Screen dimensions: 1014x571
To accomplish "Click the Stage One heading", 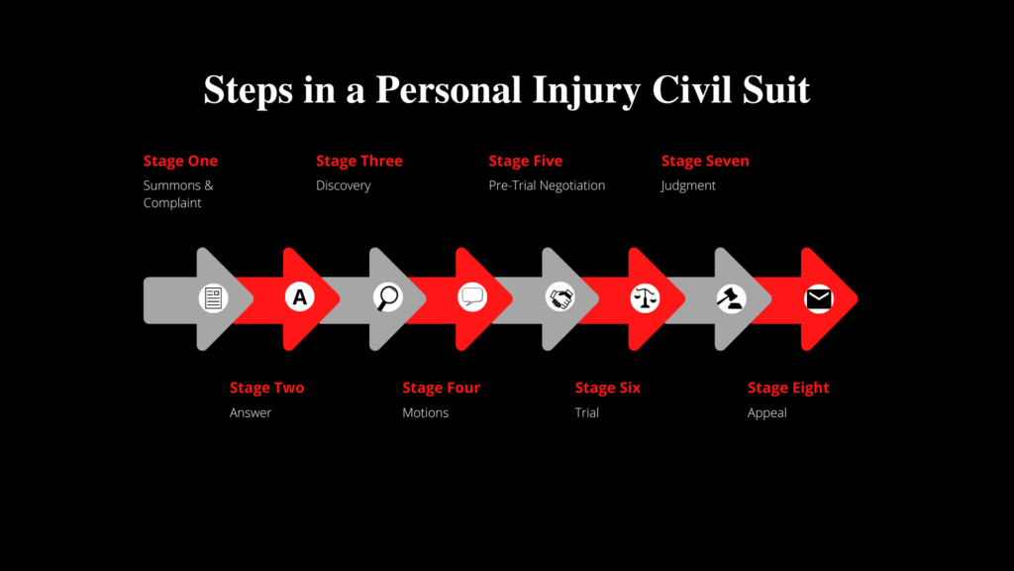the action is [x=180, y=161].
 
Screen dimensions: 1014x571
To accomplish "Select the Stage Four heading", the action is [x=441, y=388].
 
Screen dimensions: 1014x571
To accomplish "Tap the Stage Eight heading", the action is [x=787, y=389].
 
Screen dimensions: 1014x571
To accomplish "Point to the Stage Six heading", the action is [x=607, y=388].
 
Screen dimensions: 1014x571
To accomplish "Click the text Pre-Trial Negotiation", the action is [x=547, y=185].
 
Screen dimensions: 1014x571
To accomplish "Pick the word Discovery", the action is [x=344, y=185].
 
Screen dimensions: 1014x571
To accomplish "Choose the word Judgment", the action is [x=688, y=185].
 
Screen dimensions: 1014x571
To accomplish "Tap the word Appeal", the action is [x=767, y=413].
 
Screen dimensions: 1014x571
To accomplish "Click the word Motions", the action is [x=425, y=413].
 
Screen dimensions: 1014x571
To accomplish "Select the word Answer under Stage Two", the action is [x=251, y=413].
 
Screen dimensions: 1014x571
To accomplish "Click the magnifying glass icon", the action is [x=387, y=297].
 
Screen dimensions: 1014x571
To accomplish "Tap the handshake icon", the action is [x=560, y=297].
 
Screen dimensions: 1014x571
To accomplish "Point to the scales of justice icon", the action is [x=645, y=297].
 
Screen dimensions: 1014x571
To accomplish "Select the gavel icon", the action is [x=732, y=298].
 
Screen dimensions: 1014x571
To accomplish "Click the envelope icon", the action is [x=819, y=299].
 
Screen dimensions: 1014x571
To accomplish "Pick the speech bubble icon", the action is [x=472, y=297].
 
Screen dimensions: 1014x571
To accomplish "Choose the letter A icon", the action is [x=299, y=297].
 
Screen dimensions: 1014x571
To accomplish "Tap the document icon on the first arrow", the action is [x=213, y=298].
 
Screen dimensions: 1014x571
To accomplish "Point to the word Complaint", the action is [x=172, y=203].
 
